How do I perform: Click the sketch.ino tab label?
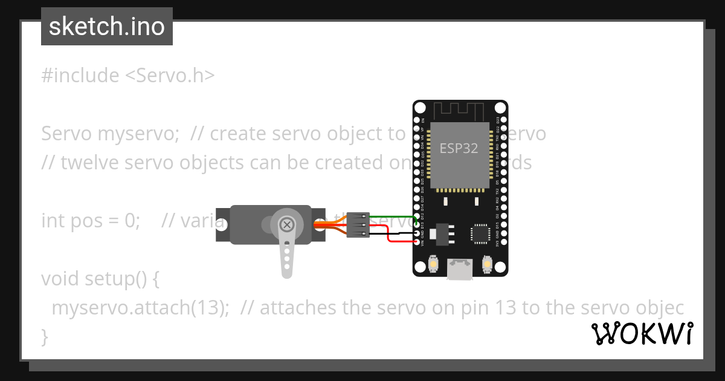(x=107, y=27)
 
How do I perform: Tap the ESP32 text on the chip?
(x=459, y=148)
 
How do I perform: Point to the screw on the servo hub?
(x=288, y=225)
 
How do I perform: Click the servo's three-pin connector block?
(x=358, y=224)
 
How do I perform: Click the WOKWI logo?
(x=642, y=333)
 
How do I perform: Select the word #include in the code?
(x=80, y=76)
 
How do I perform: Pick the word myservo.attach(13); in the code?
(x=140, y=308)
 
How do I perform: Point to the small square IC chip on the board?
(x=481, y=233)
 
